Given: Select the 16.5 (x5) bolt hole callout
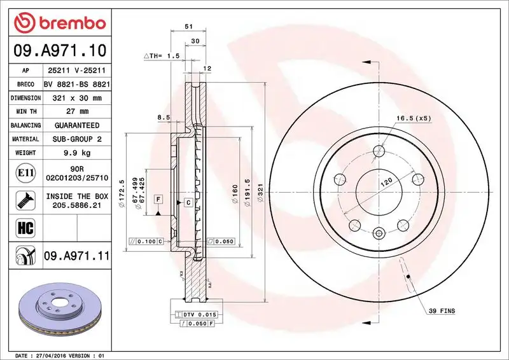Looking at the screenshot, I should [x=414, y=118].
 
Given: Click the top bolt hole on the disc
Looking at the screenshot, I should [x=379, y=151].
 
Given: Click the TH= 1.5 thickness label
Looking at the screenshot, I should [x=164, y=56].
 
